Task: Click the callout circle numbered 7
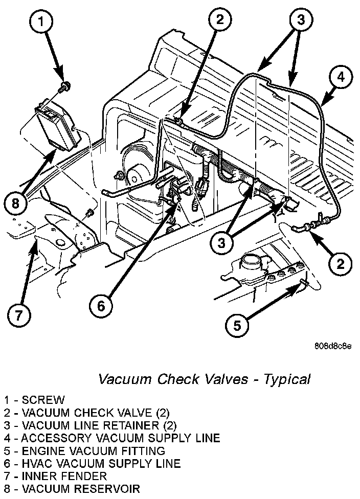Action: click(x=19, y=314)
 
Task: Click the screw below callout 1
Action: click(x=64, y=85)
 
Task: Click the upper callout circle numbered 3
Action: click(x=300, y=20)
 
